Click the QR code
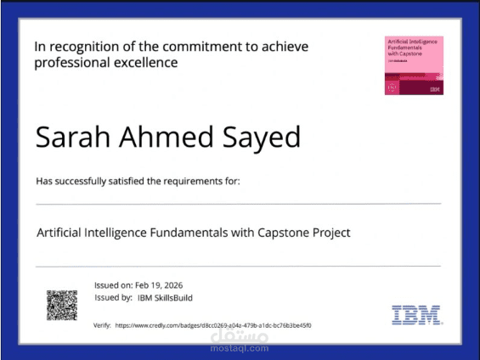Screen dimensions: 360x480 point(62,304)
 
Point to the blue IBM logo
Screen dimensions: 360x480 point(416,315)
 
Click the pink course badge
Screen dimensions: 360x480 point(414,65)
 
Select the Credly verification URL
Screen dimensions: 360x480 point(212,325)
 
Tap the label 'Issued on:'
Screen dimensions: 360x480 point(112,284)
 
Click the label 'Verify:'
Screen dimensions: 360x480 point(102,325)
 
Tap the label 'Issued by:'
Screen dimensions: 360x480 point(112,298)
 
